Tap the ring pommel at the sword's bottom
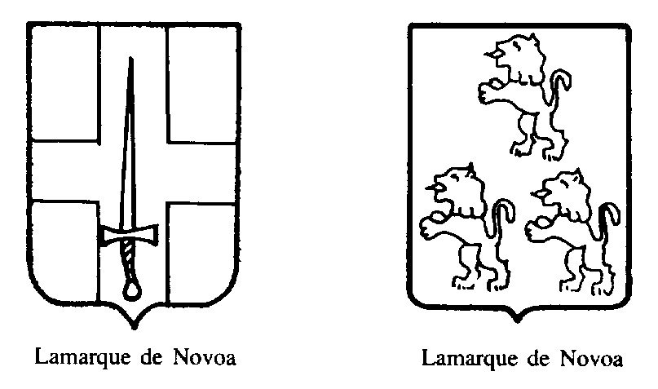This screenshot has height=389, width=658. pyautogui.click(x=131, y=290)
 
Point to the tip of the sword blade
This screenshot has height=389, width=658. pyautogui.click(x=130, y=59)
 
